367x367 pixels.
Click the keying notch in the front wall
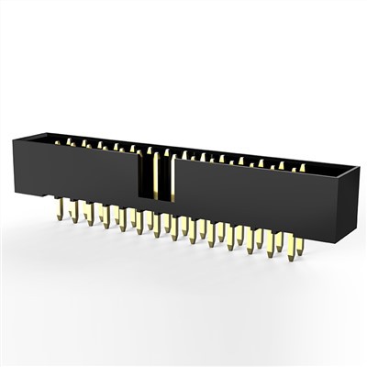[155, 174]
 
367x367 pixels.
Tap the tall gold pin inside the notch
[157, 174]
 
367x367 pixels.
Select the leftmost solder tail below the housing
[58, 209]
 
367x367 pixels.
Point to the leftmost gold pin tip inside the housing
[56, 142]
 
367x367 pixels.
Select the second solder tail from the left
[73, 213]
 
